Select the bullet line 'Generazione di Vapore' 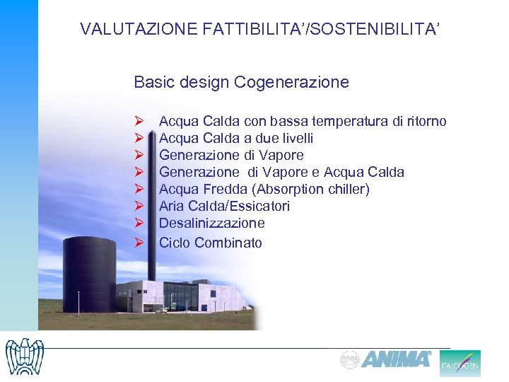coord(231,155)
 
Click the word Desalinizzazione coord(212,223)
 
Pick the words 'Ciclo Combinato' coord(210,243)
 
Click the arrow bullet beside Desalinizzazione coord(139,224)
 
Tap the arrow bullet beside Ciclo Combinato coord(139,243)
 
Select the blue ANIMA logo coord(397,359)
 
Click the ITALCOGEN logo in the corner coord(460,364)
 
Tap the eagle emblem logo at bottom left coord(23,357)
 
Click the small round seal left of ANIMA coord(350,359)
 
